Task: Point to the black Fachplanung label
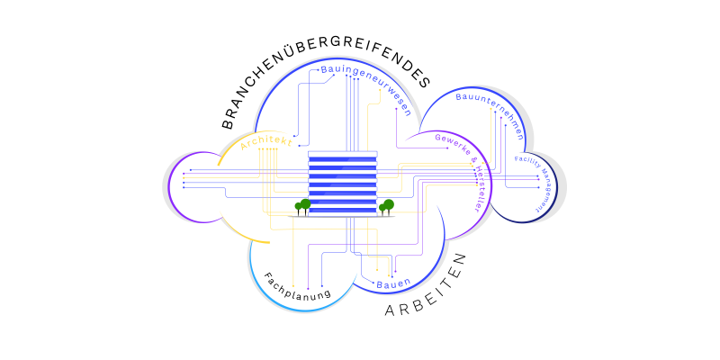(x=298, y=286)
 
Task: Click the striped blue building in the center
(x=343, y=184)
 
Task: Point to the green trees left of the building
(x=303, y=207)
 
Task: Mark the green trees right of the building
(x=386, y=206)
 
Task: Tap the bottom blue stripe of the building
(x=343, y=211)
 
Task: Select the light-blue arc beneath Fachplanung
(x=279, y=297)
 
